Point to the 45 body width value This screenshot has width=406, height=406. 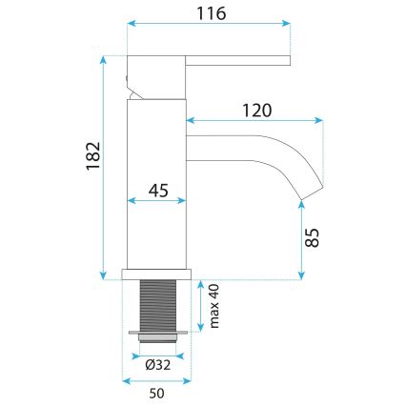[x=159, y=192]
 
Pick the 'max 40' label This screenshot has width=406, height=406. [x=214, y=306]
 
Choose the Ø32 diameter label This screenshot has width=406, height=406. [x=159, y=363]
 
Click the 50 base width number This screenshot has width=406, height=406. [x=158, y=392]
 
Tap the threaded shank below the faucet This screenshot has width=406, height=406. [x=159, y=305]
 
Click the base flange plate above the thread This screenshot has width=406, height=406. [x=159, y=274]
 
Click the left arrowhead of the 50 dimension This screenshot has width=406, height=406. [x=130, y=380]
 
